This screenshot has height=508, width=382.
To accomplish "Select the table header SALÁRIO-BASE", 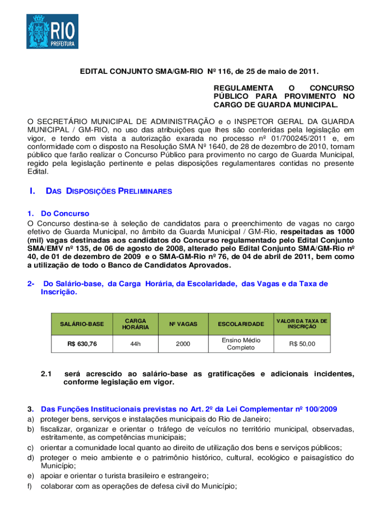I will point(82,324).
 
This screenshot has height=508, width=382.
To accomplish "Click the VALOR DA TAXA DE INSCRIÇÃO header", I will point(302,324).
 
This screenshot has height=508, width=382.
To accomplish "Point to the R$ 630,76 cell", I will point(82,343).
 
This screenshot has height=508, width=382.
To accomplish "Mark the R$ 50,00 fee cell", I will point(302,343).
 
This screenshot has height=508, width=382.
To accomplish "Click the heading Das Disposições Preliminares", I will point(109,191).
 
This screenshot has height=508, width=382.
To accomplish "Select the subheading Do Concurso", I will point(65,214).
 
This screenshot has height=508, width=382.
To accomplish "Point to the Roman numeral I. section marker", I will point(32,191).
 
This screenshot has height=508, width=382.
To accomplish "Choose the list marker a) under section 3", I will point(30,419).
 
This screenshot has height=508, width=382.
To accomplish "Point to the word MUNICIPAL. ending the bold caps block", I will point(313,105).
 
